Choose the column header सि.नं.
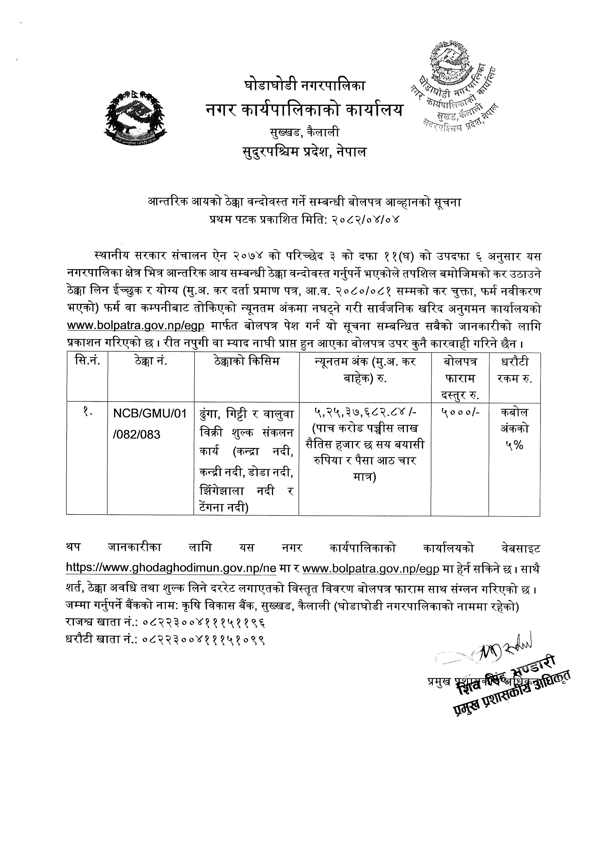[x=87, y=361]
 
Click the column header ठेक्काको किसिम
[x=247, y=361]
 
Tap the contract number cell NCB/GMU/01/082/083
[x=150, y=423]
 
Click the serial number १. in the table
[x=87, y=412]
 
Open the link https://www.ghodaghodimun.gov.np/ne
[x=171, y=568]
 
